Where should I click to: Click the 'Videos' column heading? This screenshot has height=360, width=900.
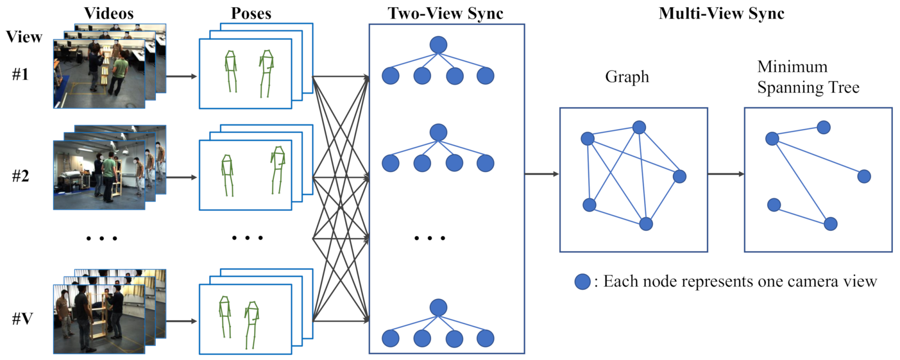click(x=109, y=13)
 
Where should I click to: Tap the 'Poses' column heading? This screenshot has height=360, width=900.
click(x=251, y=13)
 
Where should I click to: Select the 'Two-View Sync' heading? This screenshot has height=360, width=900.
click(x=446, y=13)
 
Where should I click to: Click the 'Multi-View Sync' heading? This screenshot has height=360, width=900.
click(x=721, y=13)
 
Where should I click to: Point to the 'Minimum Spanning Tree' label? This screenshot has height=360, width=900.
click(x=808, y=77)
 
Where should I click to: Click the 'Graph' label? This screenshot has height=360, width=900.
click(x=627, y=77)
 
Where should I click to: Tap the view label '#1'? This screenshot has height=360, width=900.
click(x=21, y=74)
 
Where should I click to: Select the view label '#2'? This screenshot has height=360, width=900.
click(x=21, y=176)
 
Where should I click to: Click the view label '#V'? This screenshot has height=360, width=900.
click(x=22, y=319)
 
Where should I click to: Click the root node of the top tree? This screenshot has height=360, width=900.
click(x=438, y=45)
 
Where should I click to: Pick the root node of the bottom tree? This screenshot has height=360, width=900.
click(x=438, y=308)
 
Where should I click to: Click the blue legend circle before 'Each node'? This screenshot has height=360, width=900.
click(x=582, y=282)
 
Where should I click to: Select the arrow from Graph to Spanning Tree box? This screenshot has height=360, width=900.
click(x=726, y=174)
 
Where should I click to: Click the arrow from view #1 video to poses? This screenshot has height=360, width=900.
click(x=181, y=76)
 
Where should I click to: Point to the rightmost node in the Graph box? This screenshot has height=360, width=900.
click(x=679, y=176)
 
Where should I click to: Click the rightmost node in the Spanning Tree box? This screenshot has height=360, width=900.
click(x=864, y=176)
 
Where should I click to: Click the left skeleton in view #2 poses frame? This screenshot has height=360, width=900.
click(x=228, y=175)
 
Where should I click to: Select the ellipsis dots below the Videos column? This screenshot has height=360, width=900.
click(x=102, y=238)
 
